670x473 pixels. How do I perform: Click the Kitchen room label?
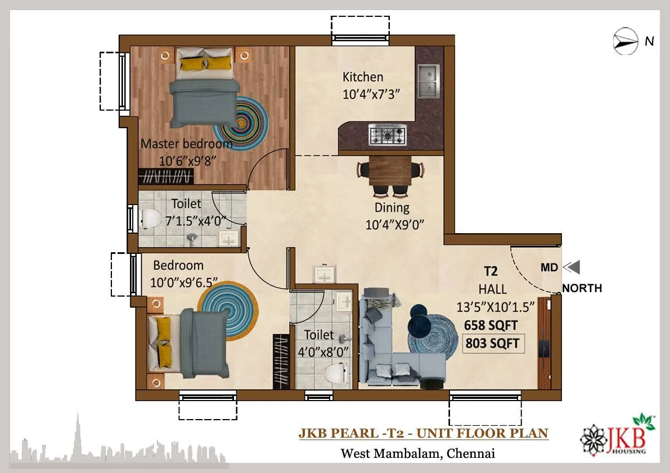click(x=363, y=77)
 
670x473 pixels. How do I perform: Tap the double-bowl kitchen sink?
click(x=428, y=80)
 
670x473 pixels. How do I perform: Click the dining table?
click(x=390, y=170)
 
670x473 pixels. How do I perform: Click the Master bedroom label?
click(x=186, y=144)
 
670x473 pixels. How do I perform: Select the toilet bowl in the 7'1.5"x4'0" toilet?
click(x=150, y=217)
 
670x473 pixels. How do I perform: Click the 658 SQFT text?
click(x=491, y=325)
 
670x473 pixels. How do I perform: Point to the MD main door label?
click(x=549, y=268)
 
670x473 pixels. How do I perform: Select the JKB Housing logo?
click(x=618, y=435)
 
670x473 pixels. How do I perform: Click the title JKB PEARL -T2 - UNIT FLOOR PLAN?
click(x=423, y=433)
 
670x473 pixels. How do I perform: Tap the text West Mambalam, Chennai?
click(x=417, y=453)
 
